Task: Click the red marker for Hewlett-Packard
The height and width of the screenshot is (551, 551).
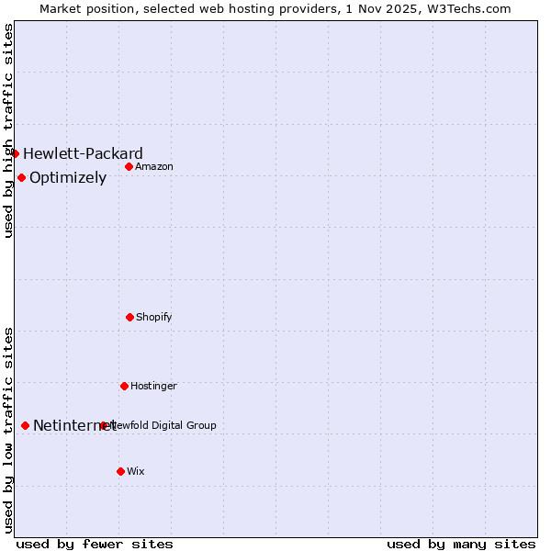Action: (16, 153)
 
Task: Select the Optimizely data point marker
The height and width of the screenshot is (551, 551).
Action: (22, 177)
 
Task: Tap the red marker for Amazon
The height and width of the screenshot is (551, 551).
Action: (129, 166)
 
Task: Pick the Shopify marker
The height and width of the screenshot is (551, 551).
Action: (129, 317)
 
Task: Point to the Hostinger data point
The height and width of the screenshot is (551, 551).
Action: (124, 386)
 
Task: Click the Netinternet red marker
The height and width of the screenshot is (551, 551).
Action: (25, 425)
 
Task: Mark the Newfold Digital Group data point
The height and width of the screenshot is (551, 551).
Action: (104, 425)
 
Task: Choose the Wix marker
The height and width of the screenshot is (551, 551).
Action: (120, 471)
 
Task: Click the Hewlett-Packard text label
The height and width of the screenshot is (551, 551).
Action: (83, 153)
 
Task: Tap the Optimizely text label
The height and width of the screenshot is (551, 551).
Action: (68, 177)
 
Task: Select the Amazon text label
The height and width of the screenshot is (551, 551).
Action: (154, 166)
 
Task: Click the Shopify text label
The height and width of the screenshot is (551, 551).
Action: (154, 317)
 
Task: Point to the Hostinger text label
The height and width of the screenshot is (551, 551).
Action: (153, 386)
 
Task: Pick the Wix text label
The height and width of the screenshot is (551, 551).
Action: (136, 471)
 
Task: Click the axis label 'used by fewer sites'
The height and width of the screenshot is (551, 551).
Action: (95, 544)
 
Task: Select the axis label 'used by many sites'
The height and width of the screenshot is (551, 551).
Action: (461, 544)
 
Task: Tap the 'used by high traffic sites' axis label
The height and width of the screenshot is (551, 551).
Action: (8, 130)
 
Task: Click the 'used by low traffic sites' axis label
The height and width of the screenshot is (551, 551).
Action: (8, 430)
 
